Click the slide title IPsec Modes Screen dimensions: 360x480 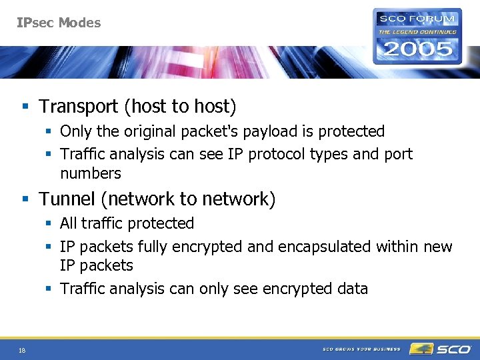point(59,23)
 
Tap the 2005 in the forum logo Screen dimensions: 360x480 point(417,49)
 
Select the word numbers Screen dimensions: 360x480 point(91,174)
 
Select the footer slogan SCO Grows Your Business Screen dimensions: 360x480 point(361,349)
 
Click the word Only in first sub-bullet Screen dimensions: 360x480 point(75,131)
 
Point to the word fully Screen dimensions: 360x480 point(151,247)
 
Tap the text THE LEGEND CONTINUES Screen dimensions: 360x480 point(418,31)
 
